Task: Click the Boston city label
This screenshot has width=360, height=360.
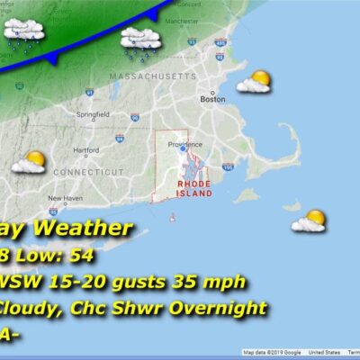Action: point(212,100)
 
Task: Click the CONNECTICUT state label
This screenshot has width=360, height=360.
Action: point(86,171)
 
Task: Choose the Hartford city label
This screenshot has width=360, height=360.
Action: point(86,150)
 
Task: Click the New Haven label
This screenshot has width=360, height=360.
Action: point(65,198)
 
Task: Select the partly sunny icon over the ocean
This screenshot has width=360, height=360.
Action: point(309,220)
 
